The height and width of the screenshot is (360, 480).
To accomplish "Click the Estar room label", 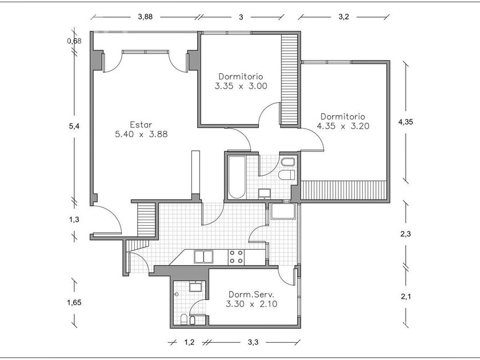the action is [x=141, y=125].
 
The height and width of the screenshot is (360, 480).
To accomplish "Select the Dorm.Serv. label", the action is [x=251, y=294].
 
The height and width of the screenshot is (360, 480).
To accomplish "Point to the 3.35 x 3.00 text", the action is [x=241, y=86].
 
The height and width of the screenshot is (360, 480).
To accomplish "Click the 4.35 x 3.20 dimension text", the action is [x=342, y=126].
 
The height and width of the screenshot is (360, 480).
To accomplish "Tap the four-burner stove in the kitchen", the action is [x=236, y=257].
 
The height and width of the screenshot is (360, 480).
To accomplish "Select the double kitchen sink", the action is [x=203, y=257].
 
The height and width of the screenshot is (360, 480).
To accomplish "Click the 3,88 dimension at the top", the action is [x=145, y=17].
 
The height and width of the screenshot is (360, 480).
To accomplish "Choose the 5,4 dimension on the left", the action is [x=74, y=126].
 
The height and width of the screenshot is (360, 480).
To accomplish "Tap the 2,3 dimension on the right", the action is [x=406, y=234].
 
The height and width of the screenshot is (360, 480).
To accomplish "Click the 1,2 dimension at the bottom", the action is [x=190, y=342].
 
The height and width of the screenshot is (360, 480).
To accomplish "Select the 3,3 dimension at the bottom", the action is [x=252, y=342].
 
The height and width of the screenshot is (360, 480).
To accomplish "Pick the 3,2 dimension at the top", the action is [x=343, y=17].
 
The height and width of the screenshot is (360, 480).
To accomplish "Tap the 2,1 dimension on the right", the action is [x=406, y=296].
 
